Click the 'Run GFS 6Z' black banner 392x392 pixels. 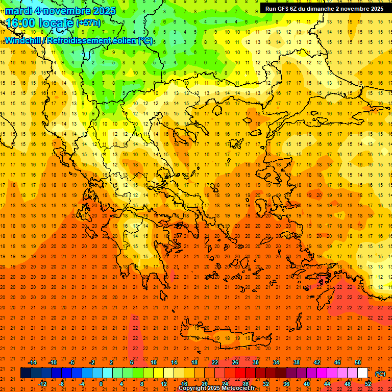(x=324, y=9)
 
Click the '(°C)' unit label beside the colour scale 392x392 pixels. (x=380, y=374)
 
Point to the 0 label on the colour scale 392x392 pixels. (x=101, y=384)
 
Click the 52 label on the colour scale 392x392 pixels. (x=368, y=384)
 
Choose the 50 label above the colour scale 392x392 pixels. (x=358, y=362)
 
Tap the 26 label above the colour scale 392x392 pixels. (x=235, y=362)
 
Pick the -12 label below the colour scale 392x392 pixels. (x=42, y=384)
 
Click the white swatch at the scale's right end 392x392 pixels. (x=363, y=373)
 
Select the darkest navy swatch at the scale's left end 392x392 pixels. (x=26, y=373)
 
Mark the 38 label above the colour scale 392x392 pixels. (x=297, y=362)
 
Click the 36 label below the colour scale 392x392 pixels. (x=286, y=384)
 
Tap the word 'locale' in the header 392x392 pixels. (x=56, y=23)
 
